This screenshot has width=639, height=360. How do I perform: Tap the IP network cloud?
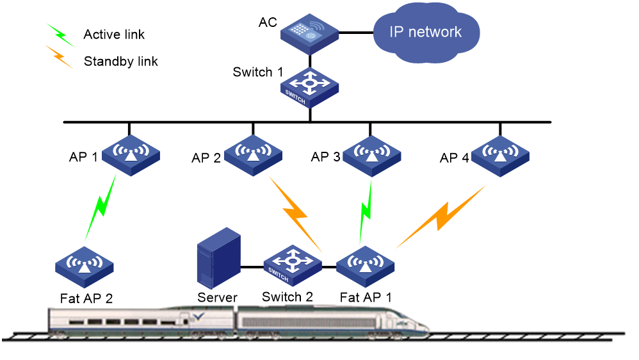click(426, 33)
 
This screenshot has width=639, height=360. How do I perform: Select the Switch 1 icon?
click(310, 88)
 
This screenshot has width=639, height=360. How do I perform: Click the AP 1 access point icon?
click(131, 155)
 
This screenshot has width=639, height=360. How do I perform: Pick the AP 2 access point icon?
click(253, 155)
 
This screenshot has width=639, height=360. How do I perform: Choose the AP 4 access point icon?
click(500, 156)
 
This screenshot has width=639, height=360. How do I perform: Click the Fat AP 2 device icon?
click(85, 267)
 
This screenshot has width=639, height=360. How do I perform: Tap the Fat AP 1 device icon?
click(365, 266)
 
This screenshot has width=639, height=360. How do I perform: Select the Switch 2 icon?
click(293, 265)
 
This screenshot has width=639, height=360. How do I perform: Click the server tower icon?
click(219, 258)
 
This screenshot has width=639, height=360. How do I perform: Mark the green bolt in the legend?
click(61, 35)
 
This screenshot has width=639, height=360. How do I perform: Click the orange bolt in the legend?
click(60, 56)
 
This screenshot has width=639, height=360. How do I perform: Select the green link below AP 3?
click(366, 212)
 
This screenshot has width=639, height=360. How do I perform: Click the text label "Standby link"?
click(120, 61)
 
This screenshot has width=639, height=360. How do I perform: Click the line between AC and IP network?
click(356, 33)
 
